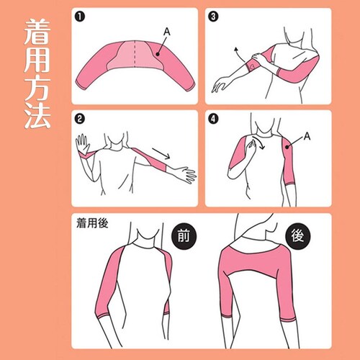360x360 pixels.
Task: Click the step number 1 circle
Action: click(80, 17)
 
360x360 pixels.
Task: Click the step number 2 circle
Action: click(80, 119)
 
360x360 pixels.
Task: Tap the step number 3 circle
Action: click(213, 17)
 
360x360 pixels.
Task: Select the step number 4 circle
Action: click(213, 119)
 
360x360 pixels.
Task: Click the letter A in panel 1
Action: click(167, 32)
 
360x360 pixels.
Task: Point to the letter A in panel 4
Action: click(307, 136)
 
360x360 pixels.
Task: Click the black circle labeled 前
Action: click(184, 235)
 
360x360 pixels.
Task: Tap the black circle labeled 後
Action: click(298, 235)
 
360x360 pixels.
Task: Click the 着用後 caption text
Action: click(92, 223)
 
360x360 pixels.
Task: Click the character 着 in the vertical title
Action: click(37, 32)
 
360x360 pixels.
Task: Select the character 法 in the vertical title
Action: click(37, 115)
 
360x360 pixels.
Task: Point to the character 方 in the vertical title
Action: click(37, 88)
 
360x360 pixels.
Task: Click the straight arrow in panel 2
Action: click(161, 153)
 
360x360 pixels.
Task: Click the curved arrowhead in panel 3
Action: click(236, 50)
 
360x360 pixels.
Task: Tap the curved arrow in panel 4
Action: click(259, 142)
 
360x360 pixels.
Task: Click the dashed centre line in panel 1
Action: click(135, 53)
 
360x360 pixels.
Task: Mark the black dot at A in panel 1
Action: click(158, 54)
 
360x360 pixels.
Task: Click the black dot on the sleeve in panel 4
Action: click(287, 147)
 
